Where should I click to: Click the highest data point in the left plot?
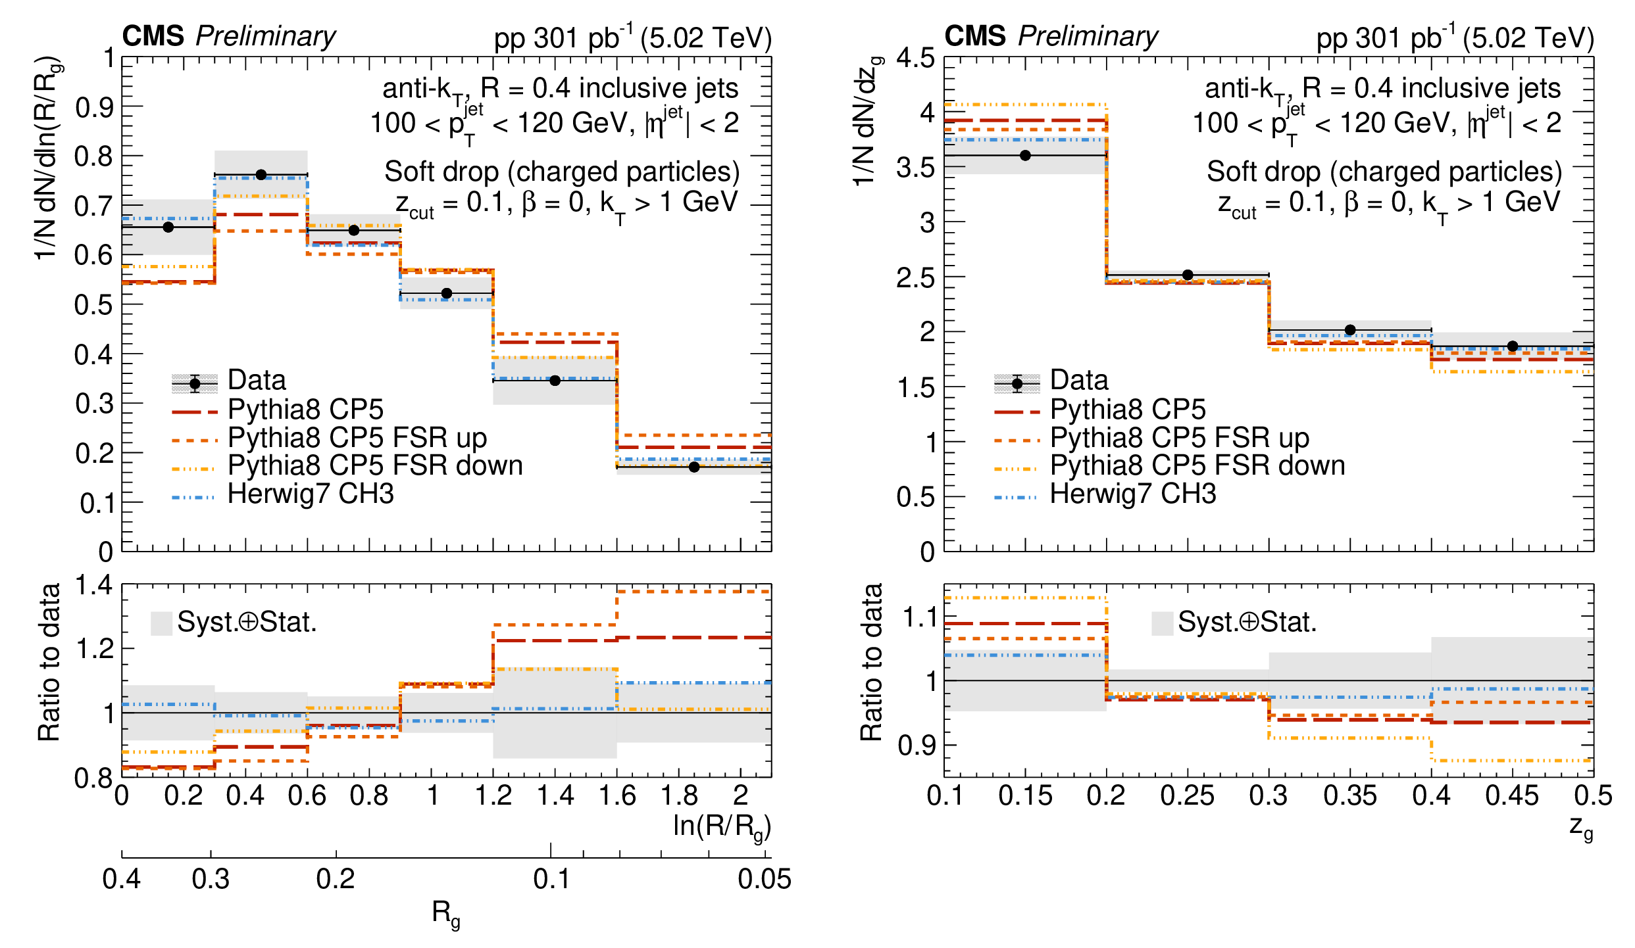(x=261, y=175)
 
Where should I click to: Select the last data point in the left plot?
(x=693, y=467)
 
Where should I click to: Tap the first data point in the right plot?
(x=1025, y=156)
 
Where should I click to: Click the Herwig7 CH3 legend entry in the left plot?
(x=310, y=494)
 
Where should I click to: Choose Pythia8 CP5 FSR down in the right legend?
(x=1197, y=465)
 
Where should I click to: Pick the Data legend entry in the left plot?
(x=257, y=380)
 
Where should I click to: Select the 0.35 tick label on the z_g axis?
(x=1350, y=796)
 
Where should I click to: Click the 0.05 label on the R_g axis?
(x=764, y=879)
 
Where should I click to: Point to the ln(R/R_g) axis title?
(x=721, y=826)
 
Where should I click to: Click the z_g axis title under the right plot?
(x=1581, y=828)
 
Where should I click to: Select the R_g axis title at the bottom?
(x=446, y=913)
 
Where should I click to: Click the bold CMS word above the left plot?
(x=153, y=36)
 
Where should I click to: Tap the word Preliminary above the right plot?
(x=1088, y=36)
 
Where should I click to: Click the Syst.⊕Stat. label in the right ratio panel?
(x=1247, y=622)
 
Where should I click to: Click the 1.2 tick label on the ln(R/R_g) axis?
(x=493, y=796)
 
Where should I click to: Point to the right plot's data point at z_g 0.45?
(x=1513, y=346)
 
